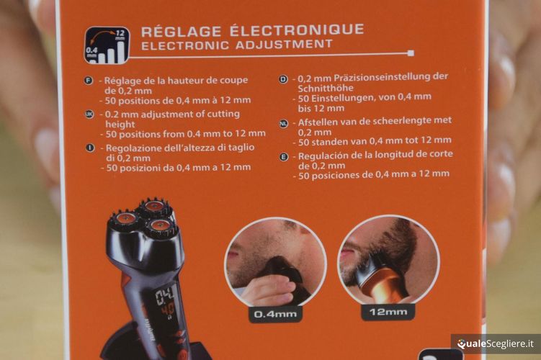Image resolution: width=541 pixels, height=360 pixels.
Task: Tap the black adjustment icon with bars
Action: [107, 45]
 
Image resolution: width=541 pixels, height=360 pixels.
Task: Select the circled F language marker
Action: [90, 81]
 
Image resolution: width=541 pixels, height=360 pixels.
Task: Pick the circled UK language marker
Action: [90, 114]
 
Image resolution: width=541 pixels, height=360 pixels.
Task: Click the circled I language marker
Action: [90, 148]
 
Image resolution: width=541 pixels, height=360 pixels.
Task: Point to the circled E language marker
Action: [283, 156]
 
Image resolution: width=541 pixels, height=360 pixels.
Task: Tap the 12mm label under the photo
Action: [388, 312]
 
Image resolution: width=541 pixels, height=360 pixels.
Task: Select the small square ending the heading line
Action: [410, 53]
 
